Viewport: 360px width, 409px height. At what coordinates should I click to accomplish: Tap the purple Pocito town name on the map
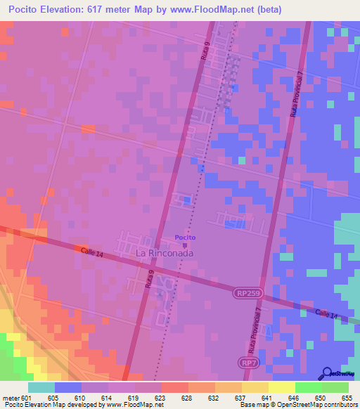[x=186, y=238]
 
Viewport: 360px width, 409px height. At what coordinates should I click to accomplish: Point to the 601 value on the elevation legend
[x=27, y=398]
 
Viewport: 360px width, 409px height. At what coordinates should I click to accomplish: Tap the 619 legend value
[x=134, y=398]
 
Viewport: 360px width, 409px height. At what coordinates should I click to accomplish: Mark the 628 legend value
[x=188, y=398]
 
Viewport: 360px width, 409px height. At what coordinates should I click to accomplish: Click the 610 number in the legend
[x=81, y=398]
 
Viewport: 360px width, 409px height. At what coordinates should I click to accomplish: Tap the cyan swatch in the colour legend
[x=41, y=387]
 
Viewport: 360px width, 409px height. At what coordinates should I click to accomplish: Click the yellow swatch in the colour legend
[x=255, y=387]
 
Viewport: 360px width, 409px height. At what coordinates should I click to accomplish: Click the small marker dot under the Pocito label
[x=186, y=245]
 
